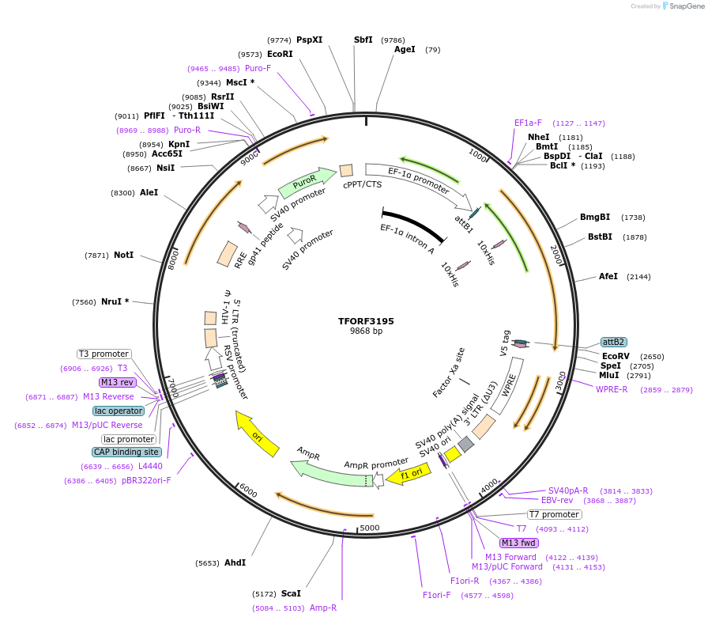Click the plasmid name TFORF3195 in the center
click(366, 321)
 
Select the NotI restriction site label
click(123, 255)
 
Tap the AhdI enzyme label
click(235, 562)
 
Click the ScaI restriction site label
click(291, 593)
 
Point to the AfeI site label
click(608, 276)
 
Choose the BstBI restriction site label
click(600, 237)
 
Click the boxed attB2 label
click(613, 342)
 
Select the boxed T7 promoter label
click(555, 514)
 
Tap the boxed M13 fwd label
click(518, 543)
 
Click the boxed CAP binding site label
click(126, 452)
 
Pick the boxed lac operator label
click(119, 411)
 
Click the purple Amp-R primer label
click(322, 608)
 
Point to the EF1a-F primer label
click(528, 123)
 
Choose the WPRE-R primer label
click(612, 389)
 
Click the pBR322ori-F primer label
click(146, 480)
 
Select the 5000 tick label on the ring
click(370, 528)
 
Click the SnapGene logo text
click(684, 6)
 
